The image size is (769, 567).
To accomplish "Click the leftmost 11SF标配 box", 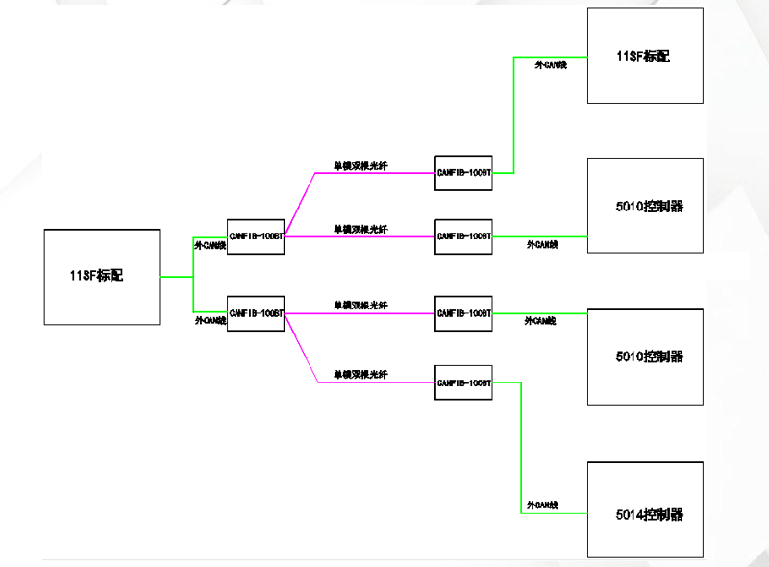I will pos(102,276).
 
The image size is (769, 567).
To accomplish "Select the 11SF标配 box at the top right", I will pos(644,56).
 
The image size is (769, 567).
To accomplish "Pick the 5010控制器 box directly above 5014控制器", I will pos(644,357).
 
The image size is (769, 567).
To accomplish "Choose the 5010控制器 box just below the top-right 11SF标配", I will pos(644,206).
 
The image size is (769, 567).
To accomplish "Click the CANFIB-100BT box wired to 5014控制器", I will pos(463,382).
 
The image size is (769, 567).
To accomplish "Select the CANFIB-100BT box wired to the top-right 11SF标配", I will pos(463,173).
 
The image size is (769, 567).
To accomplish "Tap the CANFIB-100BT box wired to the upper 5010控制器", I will pos(463,235).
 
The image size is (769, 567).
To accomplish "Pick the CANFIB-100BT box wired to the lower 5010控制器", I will pos(463,313).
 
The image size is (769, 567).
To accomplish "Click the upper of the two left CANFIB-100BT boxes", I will pos(257,235).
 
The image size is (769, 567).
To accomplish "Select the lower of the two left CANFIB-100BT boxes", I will pos(257,313).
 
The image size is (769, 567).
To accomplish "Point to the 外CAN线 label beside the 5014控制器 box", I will pos(542,505).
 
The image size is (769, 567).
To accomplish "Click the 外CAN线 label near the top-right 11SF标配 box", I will pos(551,64).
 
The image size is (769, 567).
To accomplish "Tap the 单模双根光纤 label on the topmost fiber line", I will pos(360,164).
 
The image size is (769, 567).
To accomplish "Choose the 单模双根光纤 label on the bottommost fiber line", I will pos(360,374).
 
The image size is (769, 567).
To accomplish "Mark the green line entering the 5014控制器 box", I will pos(555,513).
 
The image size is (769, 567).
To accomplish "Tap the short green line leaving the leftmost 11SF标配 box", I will pos(176,277).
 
